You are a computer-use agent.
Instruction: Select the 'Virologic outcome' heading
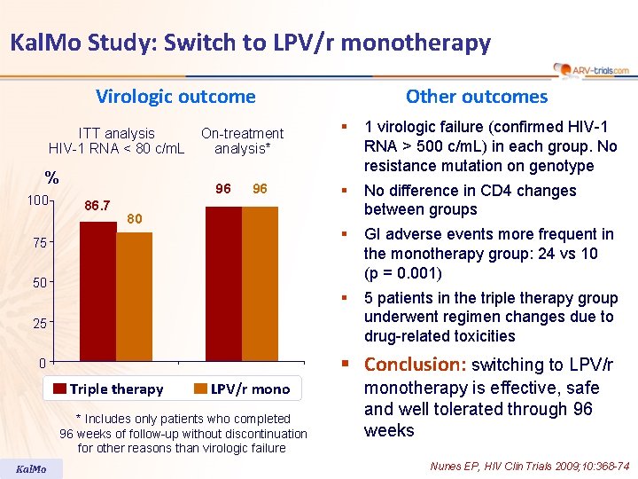[x=175, y=97]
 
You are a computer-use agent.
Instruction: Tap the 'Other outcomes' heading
[x=477, y=97]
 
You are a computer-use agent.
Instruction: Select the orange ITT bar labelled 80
[x=134, y=296]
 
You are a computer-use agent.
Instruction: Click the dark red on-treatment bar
[x=223, y=283]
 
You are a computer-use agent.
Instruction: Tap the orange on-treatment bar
[x=260, y=283]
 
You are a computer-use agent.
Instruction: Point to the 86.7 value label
[x=96, y=207]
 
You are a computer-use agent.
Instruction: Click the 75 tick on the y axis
[x=40, y=242]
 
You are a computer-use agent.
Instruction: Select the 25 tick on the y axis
[x=40, y=323]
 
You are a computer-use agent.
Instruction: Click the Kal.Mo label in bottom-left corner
[x=32, y=468]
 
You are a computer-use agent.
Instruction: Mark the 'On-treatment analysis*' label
[x=242, y=140]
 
